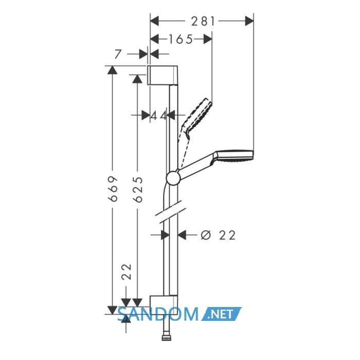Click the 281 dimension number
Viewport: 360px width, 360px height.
click(203, 22)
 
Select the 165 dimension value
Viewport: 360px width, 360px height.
click(181, 39)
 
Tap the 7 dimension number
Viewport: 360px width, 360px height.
click(118, 54)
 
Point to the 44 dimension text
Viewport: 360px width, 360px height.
click(158, 116)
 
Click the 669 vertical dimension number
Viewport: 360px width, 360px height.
click(114, 189)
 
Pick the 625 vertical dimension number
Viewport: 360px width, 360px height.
click(138, 190)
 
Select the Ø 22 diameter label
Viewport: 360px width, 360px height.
click(218, 236)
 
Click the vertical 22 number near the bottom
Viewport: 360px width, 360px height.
click(127, 272)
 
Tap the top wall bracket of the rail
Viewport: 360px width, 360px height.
click(163, 75)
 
